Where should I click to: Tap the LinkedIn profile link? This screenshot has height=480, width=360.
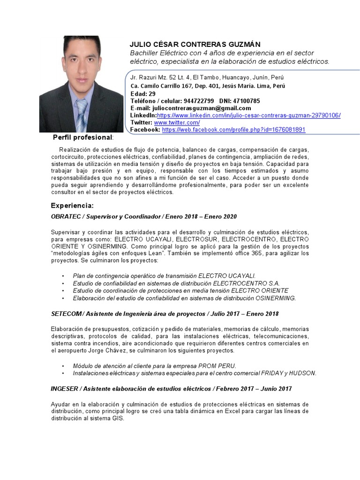click(x=248, y=115)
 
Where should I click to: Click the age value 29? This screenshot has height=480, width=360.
click(x=152, y=93)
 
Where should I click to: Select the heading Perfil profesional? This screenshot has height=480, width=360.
click(x=82, y=137)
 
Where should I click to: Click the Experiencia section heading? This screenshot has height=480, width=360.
click(x=72, y=206)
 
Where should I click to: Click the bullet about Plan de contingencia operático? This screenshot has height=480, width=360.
click(x=164, y=276)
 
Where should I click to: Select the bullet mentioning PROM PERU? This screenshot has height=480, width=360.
click(x=155, y=366)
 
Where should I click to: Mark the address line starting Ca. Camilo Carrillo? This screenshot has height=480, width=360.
click(x=207, y=86)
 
